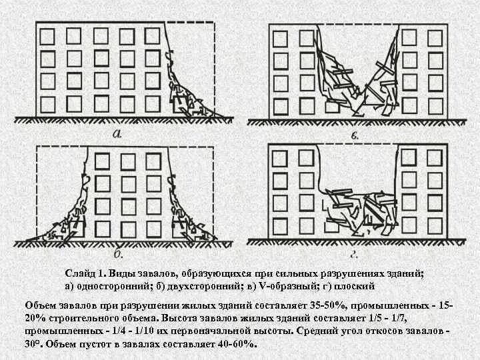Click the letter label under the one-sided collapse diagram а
(117, 133)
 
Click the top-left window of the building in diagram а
(47, 35)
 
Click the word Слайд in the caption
(81, 273)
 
